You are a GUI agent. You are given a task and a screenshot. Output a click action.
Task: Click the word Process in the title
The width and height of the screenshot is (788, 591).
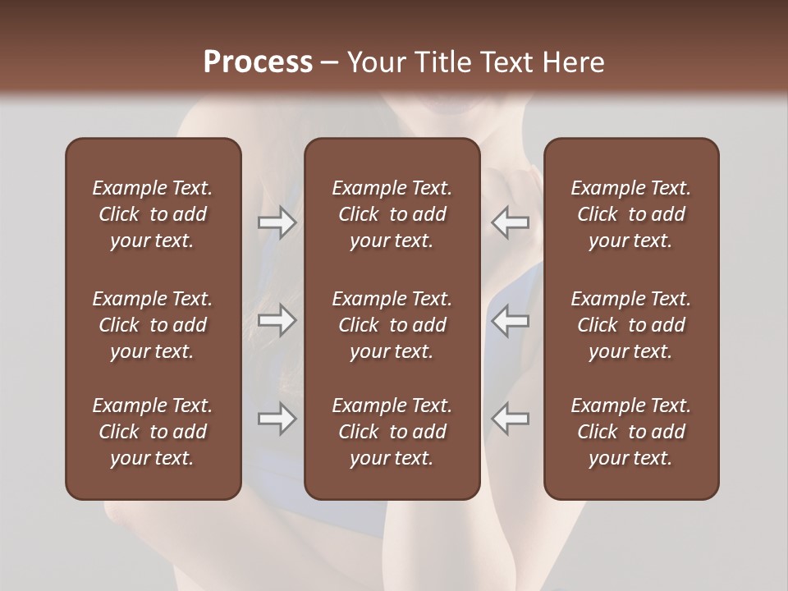258,62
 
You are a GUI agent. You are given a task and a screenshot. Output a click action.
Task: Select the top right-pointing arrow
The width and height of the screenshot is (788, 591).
277,222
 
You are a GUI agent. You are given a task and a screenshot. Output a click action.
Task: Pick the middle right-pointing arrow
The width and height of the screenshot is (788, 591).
277,320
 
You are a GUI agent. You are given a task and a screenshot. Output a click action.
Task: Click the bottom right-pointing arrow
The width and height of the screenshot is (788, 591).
277,419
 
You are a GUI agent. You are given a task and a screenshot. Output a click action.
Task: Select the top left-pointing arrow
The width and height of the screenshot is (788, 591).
511,222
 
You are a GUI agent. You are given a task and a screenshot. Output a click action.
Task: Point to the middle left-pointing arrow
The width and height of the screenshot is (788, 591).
511,320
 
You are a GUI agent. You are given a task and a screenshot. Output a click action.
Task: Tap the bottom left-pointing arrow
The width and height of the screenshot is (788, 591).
511,419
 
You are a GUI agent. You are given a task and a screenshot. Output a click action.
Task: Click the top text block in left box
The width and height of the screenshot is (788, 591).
153,214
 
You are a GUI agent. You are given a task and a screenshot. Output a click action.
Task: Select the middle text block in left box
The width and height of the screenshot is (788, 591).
153,325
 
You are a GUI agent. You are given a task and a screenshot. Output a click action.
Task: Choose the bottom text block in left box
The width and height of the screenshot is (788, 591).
153,432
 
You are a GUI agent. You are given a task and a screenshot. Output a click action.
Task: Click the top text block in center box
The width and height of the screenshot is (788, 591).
392,214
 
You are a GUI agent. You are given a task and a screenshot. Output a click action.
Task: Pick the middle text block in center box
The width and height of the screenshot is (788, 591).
392,325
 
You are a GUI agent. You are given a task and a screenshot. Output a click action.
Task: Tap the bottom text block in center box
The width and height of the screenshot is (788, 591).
392,432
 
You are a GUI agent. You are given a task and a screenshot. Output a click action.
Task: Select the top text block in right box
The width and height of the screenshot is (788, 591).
631,214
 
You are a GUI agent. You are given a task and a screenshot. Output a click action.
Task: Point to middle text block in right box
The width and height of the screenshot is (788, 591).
631,325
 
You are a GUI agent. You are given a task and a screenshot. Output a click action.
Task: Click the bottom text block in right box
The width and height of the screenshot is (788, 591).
631,432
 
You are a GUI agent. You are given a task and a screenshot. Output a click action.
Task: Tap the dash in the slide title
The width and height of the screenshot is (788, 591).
330,63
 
